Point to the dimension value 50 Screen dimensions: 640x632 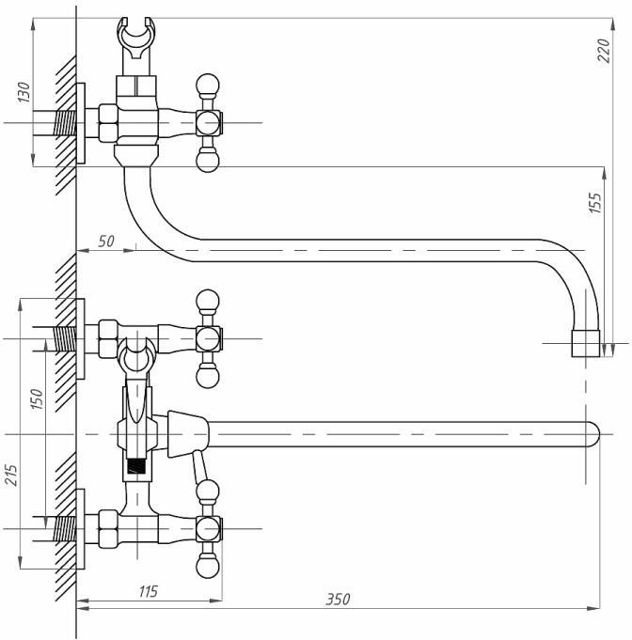coord(106,242)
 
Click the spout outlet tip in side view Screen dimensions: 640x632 coord(586,344)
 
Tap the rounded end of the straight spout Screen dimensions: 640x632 coord(591,432)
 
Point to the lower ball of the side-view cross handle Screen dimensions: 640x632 coord(208,161)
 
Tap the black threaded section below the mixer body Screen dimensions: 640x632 coord(139,464)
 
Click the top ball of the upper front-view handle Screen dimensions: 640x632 coord(208,301)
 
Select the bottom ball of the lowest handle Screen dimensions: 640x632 coord(208,568)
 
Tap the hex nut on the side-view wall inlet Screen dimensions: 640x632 coord(105,122)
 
